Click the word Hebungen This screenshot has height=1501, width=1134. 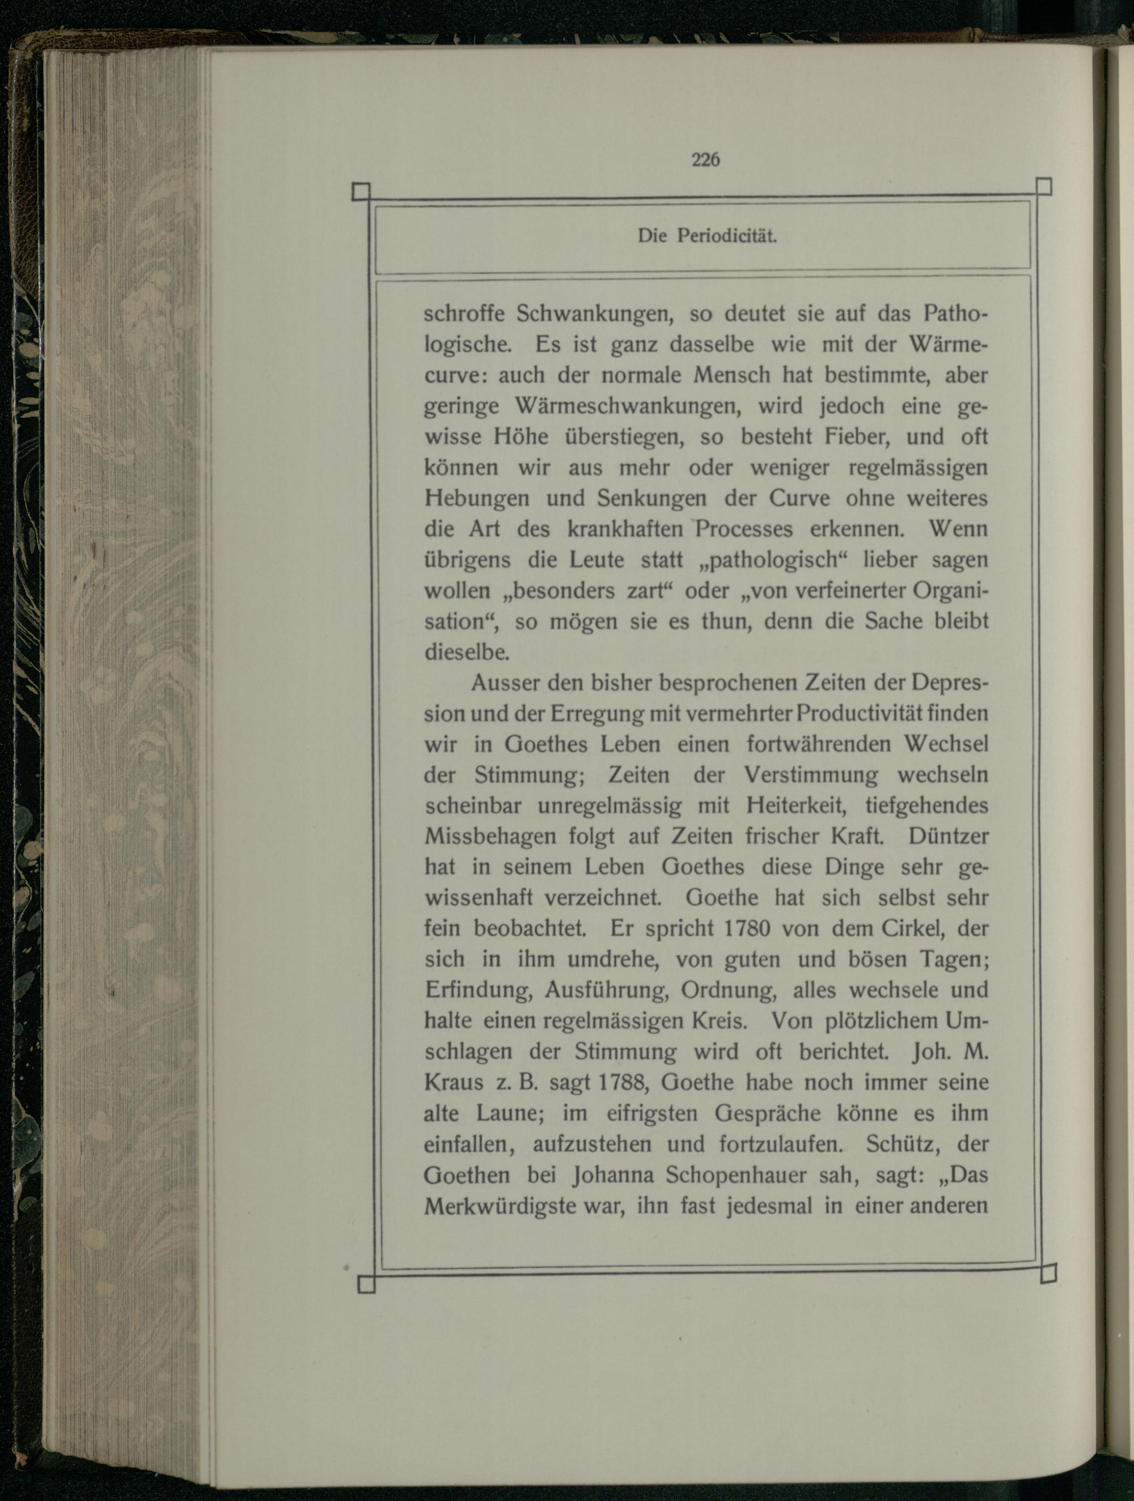coord(476,498)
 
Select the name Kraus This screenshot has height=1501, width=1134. coord(454,1082)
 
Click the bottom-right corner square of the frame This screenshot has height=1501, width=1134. coord(1048,1274)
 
